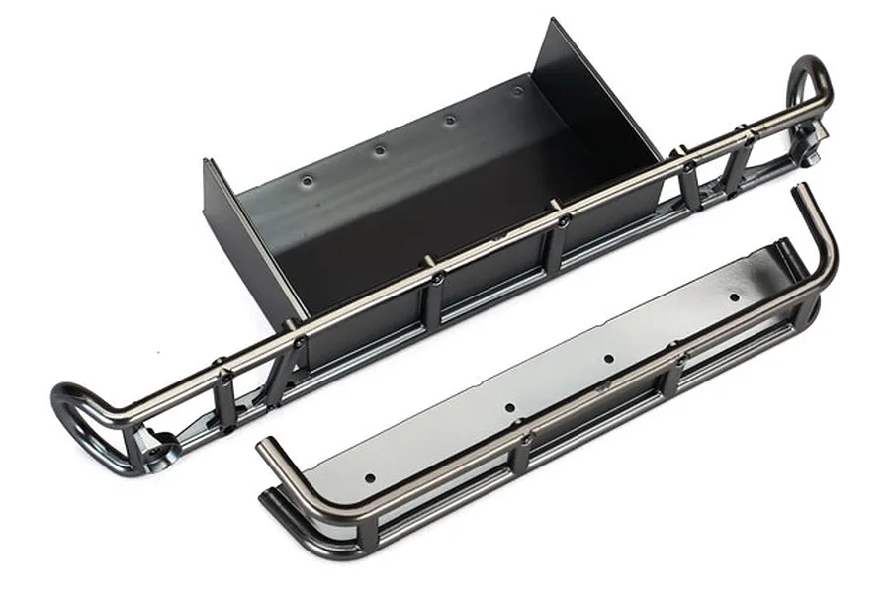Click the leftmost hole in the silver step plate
tap(370, 477)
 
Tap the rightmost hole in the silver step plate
tap(733, 296)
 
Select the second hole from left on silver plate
tap(509, 407)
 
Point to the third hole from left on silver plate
tap(608, 359)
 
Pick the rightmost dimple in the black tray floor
tap(517, 90)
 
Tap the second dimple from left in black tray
tap(378, 150)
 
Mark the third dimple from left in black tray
tap(450, 120)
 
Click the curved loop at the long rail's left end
tap(84, 415)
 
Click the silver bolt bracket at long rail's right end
tap(805, 148)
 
